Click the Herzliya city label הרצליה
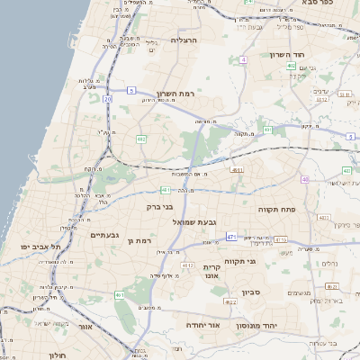(183, 40)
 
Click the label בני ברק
(160, 207)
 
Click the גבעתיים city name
(106, 235)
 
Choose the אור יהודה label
(201, 325)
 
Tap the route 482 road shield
(141, 139)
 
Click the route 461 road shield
(120, 294)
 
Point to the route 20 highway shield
(107, 99)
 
